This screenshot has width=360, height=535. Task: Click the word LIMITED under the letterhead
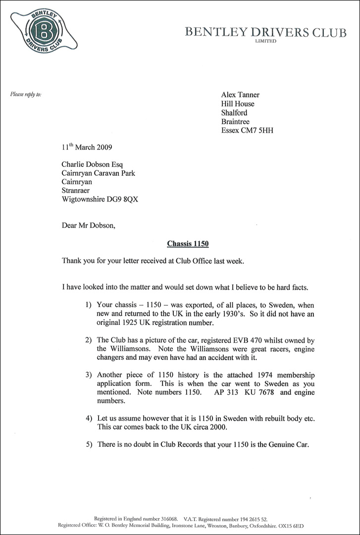click(266, 42)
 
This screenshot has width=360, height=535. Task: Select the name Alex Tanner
click(240, 95)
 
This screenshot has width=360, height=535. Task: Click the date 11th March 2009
click(87, 148)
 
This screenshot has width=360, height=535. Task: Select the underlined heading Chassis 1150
click(184, 243)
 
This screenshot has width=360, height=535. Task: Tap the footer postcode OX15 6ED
click(290, 525)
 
